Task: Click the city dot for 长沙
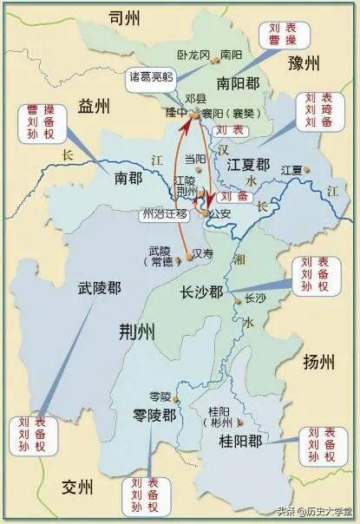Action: pyautogui.click(x=238, y=299)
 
